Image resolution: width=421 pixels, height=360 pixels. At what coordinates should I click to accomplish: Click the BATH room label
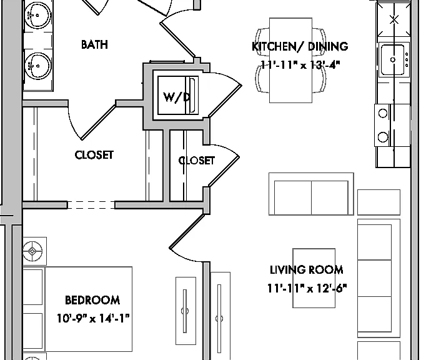coord(94,44)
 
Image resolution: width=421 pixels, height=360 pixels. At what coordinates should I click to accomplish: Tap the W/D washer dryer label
coord(177,97)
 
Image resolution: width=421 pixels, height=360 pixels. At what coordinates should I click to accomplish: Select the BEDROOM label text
coord(92,300)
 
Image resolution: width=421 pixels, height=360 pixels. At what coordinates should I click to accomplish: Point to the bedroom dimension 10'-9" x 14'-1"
coord(93,318)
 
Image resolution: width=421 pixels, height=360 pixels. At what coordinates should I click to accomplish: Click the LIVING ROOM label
coord(306,270)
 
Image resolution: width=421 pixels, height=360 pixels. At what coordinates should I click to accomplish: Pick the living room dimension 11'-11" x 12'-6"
coord(307,288)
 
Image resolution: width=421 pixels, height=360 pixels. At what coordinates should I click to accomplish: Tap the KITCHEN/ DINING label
coord(300,46)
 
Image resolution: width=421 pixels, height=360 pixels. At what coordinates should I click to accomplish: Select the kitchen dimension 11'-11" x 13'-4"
coord(300,65)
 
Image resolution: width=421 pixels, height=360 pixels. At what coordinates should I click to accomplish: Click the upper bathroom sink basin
coord(37,15)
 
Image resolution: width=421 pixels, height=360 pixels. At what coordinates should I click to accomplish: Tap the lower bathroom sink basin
coord(37,66)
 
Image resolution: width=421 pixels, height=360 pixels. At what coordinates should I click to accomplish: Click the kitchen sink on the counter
coord(392,59)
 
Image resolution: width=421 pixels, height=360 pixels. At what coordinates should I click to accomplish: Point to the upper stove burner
coord(383,113)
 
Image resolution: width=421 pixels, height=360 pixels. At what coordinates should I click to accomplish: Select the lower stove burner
coord(383,137)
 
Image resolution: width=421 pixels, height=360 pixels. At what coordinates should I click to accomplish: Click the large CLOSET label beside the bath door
coord(94,155)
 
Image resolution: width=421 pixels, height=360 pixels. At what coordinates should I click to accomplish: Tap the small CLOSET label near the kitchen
coord(197,161)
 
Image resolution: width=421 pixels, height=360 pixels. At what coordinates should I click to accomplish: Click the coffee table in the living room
coord(314,278)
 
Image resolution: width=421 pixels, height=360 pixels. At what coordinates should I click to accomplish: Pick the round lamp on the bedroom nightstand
coord(32,251)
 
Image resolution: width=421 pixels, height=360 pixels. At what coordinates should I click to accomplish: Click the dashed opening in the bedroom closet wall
coord(91,205)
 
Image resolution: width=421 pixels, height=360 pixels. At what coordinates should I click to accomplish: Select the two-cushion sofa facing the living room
coord(311,194)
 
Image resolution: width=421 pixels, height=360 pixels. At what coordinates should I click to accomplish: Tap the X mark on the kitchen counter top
coord(394,19)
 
